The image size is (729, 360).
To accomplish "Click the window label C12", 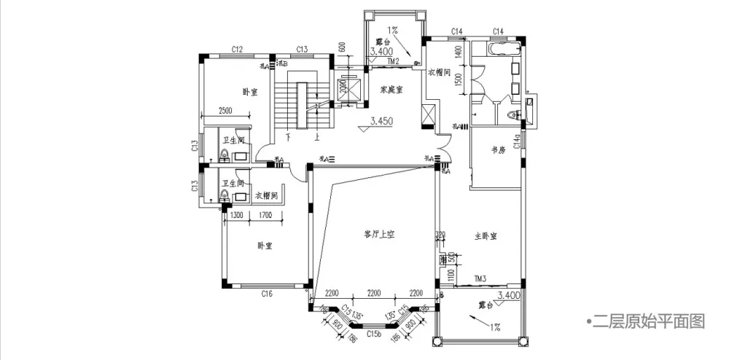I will click(237, 50).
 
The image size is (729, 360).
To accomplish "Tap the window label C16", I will click(267, 294).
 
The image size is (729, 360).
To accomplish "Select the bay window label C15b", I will click(374, 334).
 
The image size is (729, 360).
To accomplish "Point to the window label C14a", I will click(517, 141).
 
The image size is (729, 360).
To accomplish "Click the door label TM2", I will click(393, 62).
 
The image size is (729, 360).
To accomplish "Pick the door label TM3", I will click(480, 278).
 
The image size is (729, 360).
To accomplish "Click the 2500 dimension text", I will click(225, 111).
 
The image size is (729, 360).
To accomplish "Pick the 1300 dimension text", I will click(237, 215).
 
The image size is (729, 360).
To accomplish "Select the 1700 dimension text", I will click(265, 215).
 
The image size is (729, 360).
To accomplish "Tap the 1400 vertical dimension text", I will click(459, 52).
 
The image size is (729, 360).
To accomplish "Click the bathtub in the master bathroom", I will click(504, 50).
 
